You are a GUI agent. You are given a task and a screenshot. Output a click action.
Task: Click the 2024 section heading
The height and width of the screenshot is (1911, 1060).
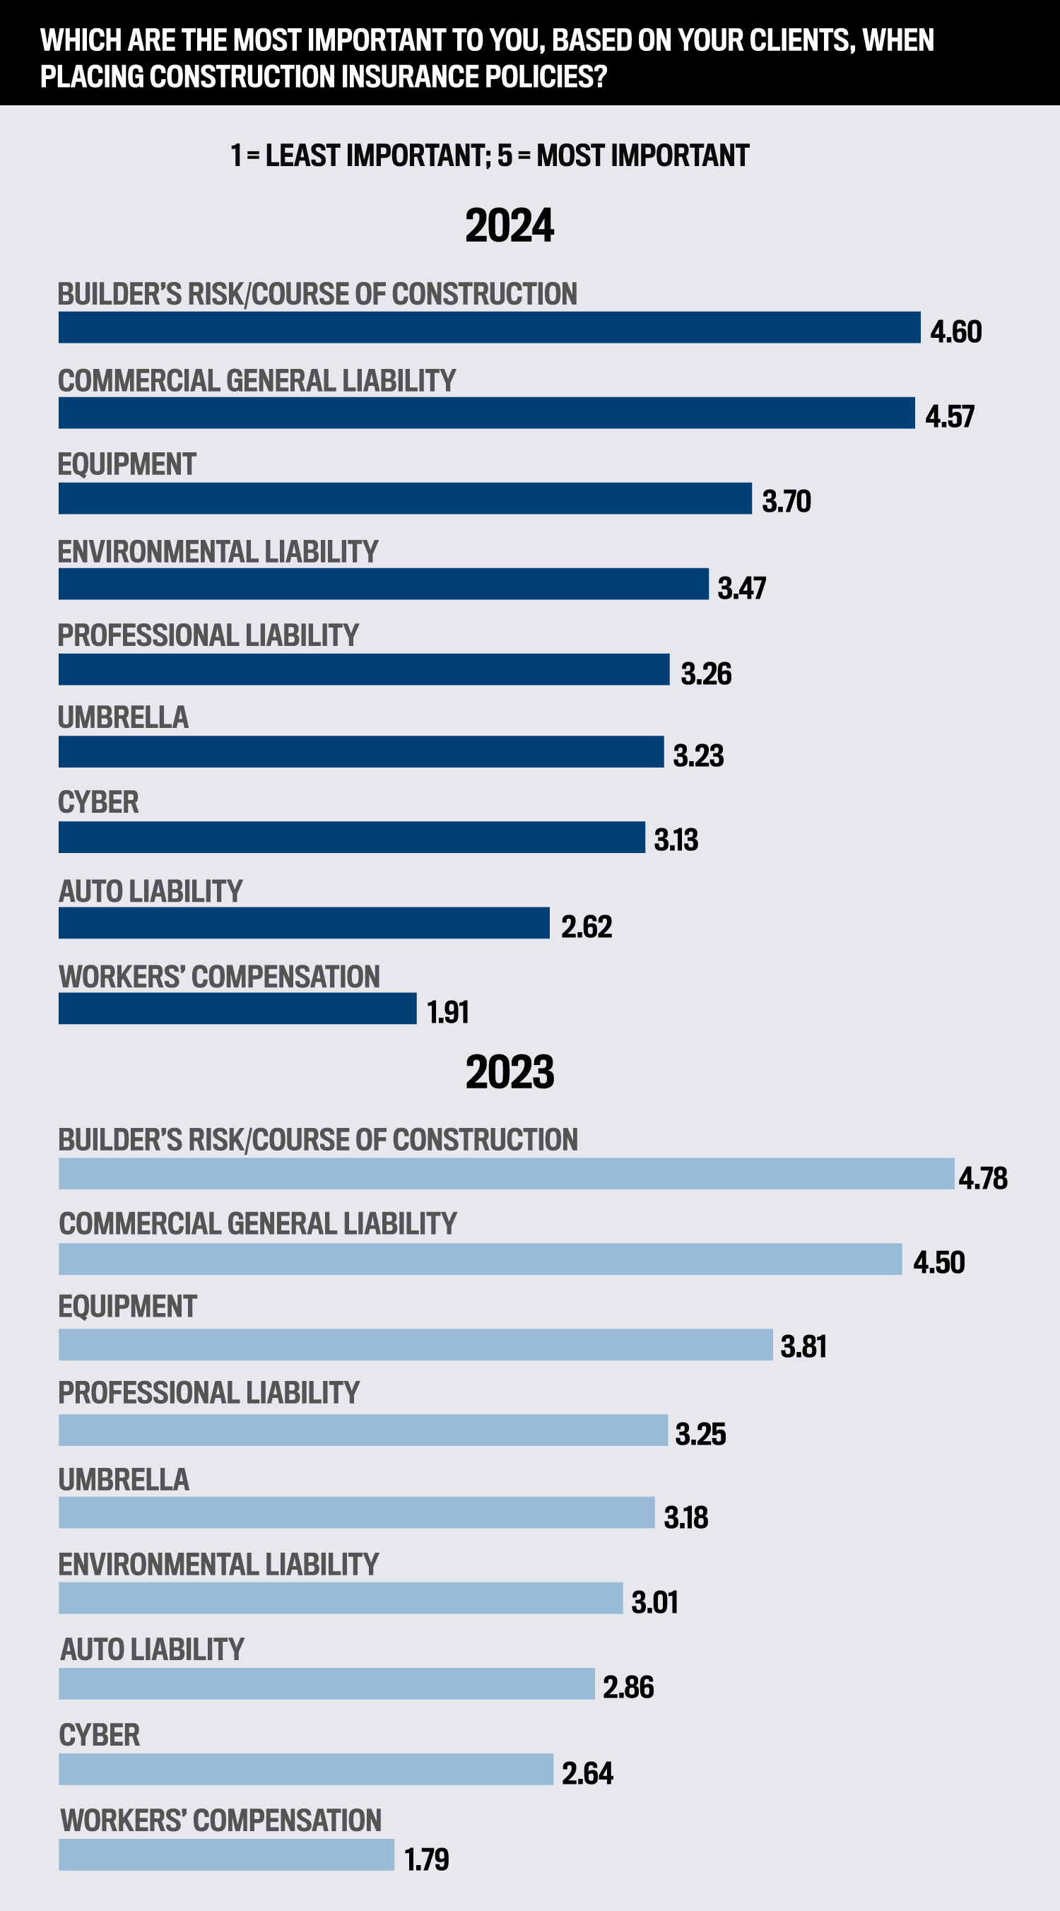(x=510, y=225)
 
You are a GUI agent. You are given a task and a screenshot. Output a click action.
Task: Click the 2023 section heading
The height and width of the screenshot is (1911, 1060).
(x=510, y=1072)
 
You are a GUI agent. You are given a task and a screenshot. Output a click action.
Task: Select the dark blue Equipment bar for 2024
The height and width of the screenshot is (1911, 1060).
(x=405, y=498)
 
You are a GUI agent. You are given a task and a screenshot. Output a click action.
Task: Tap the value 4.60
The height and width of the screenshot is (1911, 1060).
(x=955, y=331)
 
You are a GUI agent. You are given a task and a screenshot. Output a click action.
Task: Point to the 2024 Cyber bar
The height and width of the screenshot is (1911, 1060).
(x=352, y=837)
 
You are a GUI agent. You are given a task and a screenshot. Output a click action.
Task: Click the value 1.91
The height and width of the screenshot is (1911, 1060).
(x=448, y=1012)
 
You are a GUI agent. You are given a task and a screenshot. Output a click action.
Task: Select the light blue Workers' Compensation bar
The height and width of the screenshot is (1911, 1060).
(x=226, y=1855)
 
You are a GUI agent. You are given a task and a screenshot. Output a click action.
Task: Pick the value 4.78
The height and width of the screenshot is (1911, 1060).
(x=983, y=1178)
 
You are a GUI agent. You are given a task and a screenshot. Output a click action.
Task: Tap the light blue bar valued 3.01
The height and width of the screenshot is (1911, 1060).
(x=341, y=1598)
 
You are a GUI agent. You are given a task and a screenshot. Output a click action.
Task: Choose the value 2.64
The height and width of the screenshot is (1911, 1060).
(x=587, y=1774)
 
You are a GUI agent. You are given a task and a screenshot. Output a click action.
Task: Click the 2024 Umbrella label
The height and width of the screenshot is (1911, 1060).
(x=123, y=717)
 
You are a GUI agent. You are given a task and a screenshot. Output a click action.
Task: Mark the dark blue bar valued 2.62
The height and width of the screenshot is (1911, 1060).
(x=304, y=923)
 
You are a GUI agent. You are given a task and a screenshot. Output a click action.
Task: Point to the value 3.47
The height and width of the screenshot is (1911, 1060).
(x=742, y=588)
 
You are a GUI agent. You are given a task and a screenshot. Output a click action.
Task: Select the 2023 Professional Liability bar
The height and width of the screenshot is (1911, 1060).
(x=363, y=1430)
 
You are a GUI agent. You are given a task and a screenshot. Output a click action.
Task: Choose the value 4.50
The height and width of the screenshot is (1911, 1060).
(x=939, y=1263)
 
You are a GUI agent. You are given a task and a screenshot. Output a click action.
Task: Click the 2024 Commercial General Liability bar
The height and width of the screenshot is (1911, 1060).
(x=487, y=413)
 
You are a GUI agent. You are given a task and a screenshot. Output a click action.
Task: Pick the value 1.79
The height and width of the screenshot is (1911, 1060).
(x=427, y=1860)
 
